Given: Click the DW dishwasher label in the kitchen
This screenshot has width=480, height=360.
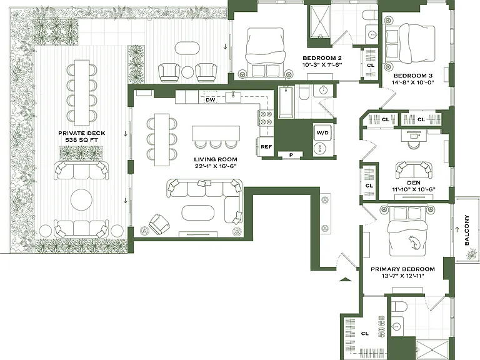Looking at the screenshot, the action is pos(210,100).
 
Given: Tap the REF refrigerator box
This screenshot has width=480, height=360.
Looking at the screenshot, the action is pos(266,147).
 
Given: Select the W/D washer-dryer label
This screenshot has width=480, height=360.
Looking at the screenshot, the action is pos(322,132).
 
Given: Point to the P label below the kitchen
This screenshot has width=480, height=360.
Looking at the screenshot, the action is pos(291,155).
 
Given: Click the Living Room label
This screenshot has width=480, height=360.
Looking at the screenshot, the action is pos(216,159).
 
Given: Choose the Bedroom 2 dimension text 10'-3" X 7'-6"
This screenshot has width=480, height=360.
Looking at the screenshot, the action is pos(322,64).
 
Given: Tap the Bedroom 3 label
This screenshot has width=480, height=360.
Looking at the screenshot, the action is pos(412,76).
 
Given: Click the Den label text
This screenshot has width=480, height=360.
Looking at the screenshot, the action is pos(414,182).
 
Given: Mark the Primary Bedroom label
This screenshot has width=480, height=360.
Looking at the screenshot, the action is pos(402,269).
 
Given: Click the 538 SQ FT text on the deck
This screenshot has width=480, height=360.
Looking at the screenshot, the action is pos(81,140).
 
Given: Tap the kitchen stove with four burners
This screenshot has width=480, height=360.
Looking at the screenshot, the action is pos(266,118).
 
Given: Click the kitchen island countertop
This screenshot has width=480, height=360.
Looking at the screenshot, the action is pos(216,133).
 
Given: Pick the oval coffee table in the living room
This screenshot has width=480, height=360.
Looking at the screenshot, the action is pos(198,212).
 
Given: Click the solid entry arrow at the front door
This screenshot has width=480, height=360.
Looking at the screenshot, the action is pos(345,279).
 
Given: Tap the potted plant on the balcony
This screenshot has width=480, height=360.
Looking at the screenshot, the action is pos(472,254).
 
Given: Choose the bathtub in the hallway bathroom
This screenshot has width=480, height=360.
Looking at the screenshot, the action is pos(286,102).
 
